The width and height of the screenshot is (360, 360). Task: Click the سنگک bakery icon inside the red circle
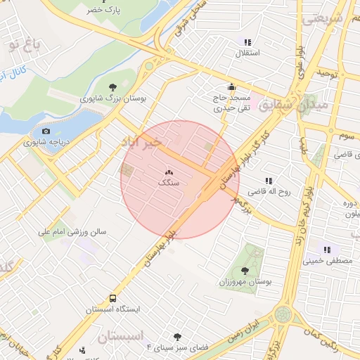point(169,172)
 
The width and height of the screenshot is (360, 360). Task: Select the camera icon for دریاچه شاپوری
point(46,131)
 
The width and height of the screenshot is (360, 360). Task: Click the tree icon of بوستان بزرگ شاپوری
point(113,87)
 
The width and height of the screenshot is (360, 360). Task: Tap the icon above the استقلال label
point(247,42)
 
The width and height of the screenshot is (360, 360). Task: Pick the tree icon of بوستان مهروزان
point(245,270)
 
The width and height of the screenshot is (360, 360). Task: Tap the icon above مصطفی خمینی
point(326,249)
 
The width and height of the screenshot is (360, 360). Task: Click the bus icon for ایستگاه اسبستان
point(113,297)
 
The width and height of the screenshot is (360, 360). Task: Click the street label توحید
point(328,73)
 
